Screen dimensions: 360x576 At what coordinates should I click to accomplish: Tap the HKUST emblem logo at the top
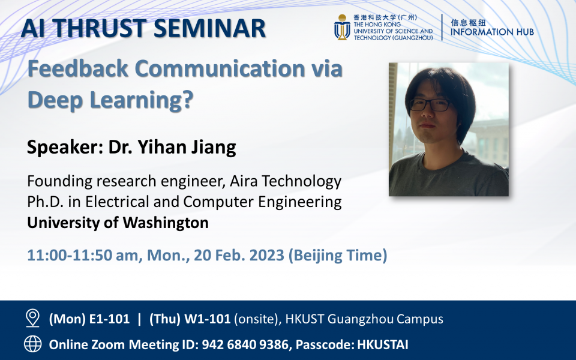pos(342,28)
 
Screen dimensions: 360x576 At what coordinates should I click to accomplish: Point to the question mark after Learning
pos(187,100)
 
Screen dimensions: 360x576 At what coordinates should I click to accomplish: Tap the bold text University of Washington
pos(118,223)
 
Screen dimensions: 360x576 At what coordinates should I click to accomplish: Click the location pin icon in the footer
pos(33,319)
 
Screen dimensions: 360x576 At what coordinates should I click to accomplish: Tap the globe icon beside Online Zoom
pos(33,344)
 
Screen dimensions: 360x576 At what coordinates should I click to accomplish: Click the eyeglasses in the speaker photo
pos(431,105)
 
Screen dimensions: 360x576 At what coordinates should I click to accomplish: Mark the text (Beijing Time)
pos(338,255)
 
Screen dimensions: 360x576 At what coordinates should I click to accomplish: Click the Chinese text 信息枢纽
pos(468,20)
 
